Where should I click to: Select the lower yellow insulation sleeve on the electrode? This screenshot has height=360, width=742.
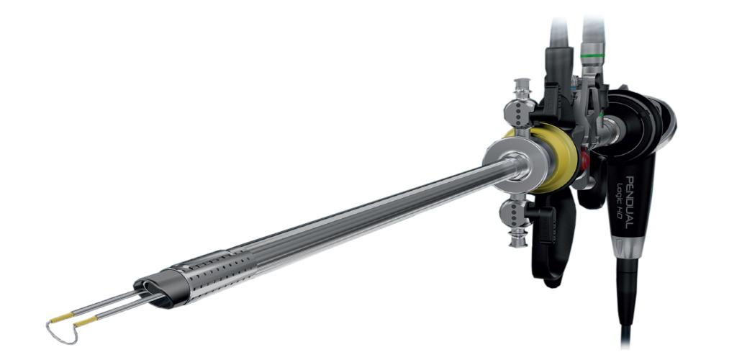(86, 322)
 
